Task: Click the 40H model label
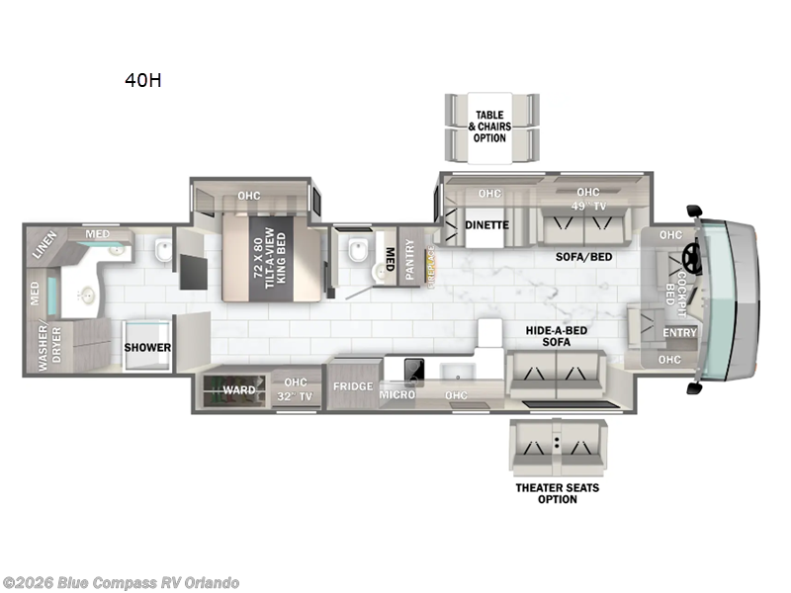tap(143, 81)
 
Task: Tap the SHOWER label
tap(147, 348)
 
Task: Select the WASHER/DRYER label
tap(43, 349)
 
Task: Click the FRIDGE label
tap(352, 386)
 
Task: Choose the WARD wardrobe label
tap(239, 390)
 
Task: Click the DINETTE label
tap(486, 225)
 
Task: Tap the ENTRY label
tap(679, 333)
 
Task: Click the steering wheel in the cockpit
tap(689, 259)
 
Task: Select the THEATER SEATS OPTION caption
tap(558, 493)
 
